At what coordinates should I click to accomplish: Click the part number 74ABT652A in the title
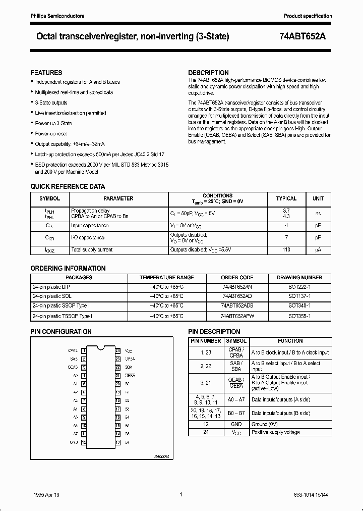click(305, 36)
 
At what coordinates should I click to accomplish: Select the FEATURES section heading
click(46, 73)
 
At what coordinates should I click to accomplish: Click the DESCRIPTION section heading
click(208, 73)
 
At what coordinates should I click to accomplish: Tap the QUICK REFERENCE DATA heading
click(68, 186)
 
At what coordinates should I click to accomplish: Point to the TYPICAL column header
click(286, 198)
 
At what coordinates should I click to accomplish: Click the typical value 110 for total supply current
click(286, 249)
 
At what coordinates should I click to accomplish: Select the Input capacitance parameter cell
click(90, 226)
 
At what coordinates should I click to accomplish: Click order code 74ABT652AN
click(237, 286)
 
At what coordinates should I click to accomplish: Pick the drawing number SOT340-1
click(299, 306)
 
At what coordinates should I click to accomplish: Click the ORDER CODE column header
click(237, 277)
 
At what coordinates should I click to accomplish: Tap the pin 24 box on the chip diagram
click(117, 350)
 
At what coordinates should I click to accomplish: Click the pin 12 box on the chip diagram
click(84, 442)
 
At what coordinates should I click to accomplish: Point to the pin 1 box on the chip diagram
click(84, 350)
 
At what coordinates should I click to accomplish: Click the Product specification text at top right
click(308, 16)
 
